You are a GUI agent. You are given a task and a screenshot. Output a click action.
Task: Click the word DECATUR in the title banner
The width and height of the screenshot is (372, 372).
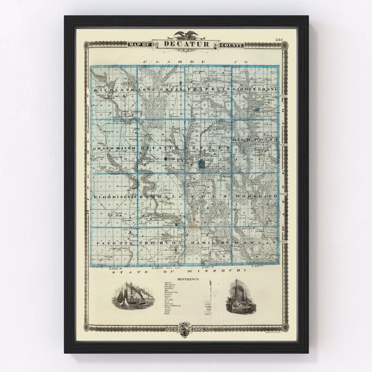186,44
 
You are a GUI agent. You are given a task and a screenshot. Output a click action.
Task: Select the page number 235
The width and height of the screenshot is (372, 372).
279,40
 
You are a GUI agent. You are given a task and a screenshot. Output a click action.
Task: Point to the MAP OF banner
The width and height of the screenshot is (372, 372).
139,45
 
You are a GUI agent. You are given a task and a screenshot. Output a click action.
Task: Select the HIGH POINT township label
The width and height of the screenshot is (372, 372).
255,139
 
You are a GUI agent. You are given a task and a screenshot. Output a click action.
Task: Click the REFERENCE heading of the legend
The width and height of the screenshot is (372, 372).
188,279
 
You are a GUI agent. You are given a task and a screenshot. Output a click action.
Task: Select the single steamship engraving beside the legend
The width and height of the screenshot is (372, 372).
239,297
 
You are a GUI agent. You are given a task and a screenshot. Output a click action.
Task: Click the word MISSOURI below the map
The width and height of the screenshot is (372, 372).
228,271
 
